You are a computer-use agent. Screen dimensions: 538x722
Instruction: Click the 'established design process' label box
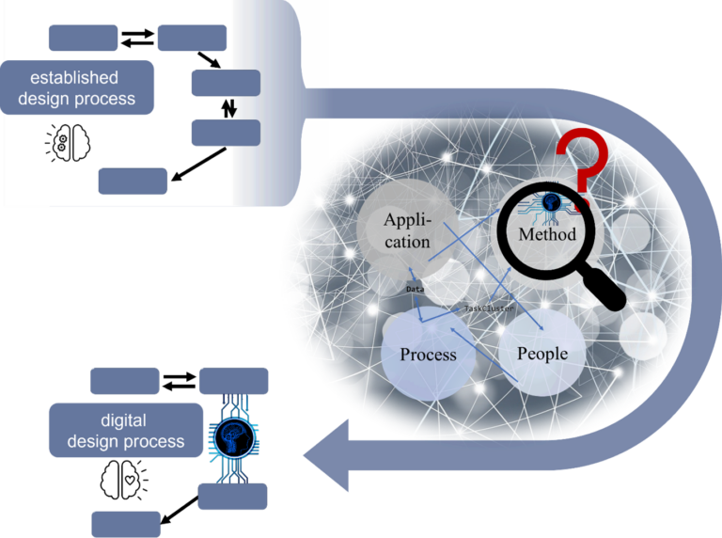pos(78,87)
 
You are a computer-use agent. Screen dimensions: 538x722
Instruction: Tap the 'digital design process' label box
pos(126,430)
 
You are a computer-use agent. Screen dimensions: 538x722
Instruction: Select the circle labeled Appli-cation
pos(407,229)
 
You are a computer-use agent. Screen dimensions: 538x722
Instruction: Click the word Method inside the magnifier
pos(547,234)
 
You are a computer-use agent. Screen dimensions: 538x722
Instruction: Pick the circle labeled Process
pos(428,354)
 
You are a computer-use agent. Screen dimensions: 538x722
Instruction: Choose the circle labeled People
pos(542,353)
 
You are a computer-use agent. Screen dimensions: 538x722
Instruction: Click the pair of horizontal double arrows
pos(137,39)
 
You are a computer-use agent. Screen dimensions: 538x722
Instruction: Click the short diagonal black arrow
pos(211,61)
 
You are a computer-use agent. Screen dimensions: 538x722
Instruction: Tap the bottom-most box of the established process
pos(133,181)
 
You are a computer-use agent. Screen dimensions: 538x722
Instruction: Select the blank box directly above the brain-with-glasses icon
pos(83,38)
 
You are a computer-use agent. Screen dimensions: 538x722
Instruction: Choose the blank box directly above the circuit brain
pos(234,381)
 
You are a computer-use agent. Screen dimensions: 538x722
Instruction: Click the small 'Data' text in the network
pos(415,289)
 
